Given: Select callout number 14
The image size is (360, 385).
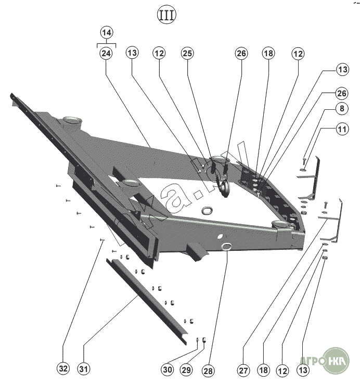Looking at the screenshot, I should [x=107, y=33].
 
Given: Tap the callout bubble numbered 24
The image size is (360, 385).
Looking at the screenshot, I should [x=107, y=53].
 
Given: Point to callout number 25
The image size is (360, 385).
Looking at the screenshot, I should [x=188, y=53].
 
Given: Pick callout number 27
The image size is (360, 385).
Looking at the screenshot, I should [x=243, y=370].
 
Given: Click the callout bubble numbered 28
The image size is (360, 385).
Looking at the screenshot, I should [x=208, y=370].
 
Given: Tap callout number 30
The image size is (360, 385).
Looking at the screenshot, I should [x=167, y=370].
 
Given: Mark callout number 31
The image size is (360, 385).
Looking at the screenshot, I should [x=83, y=370].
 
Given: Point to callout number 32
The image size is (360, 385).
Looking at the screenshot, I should [x=63, y=370].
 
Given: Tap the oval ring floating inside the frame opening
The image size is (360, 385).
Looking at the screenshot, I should [x=206, y=209].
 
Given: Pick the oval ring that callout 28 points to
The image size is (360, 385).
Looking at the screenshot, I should [x=227, y=247].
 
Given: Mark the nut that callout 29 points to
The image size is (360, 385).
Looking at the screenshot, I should [x=204, y=340].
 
